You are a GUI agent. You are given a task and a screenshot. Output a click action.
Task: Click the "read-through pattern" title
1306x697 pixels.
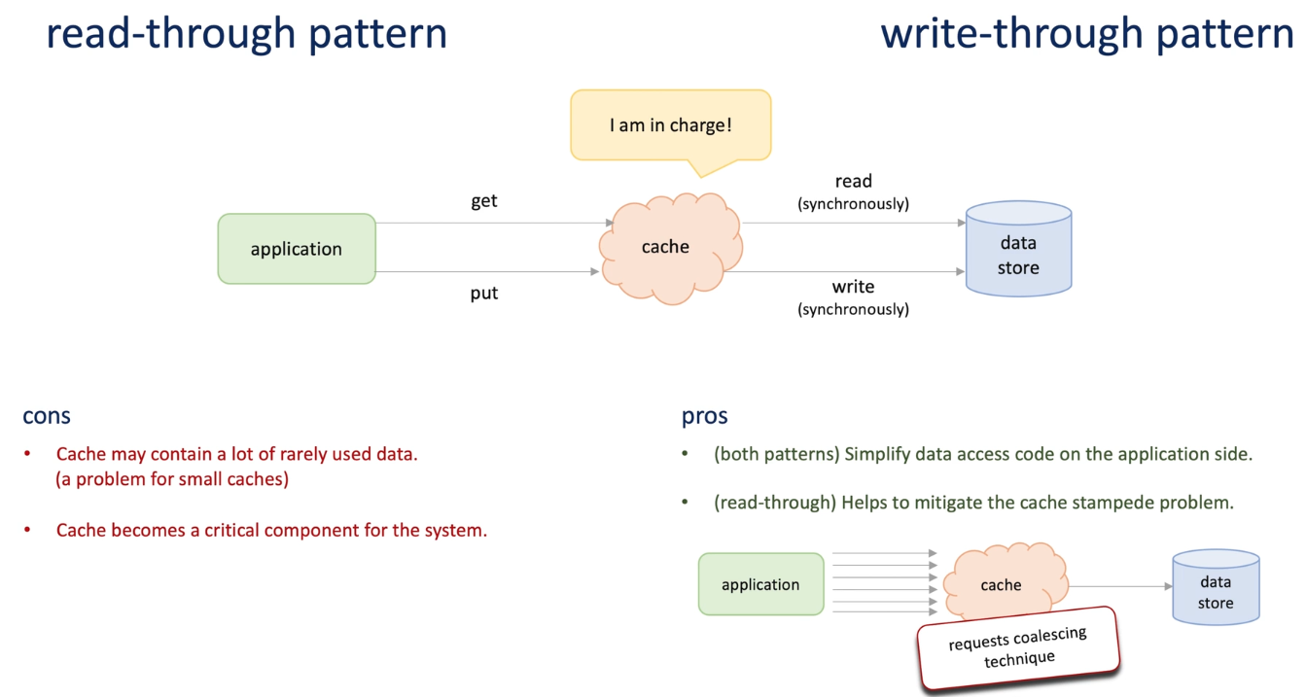pos(247,34)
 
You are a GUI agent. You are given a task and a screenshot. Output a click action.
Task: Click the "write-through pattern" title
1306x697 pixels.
pos(1087,34)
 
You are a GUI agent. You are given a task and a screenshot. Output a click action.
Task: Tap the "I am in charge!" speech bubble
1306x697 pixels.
pos(670,125)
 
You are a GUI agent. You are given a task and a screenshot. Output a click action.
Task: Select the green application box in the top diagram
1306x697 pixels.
pos(297,249)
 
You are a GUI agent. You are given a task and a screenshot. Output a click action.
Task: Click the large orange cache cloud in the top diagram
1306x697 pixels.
pos(667,248)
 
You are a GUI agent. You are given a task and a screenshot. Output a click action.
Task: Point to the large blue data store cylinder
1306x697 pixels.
pos(1018,250)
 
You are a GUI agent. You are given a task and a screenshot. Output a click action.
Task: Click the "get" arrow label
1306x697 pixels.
pos(484,201)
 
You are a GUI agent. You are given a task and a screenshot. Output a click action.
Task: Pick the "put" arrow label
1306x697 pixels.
pos(484,293)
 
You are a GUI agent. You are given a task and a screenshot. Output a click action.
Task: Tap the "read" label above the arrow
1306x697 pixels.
pos(854,181)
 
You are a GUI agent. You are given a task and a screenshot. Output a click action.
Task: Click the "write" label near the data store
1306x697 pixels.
pos(853,287)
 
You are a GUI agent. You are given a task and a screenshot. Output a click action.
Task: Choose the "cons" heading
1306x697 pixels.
pos(47,416)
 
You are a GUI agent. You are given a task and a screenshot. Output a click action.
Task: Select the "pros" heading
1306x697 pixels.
pos(705,416)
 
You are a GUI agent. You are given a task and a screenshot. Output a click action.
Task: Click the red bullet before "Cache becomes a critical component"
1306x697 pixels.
pos(28,531)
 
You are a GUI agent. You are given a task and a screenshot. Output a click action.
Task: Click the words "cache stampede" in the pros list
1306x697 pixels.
pos(1080,503)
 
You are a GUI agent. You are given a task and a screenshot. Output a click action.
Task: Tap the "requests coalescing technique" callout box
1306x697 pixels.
pos(1018,647)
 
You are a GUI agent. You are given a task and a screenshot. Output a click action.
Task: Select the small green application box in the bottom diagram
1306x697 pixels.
pos(760,584)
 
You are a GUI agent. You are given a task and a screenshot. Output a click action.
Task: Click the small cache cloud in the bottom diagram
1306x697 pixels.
pos(1003,584)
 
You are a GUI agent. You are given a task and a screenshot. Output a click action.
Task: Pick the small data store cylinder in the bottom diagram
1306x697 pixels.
pos(1216,588)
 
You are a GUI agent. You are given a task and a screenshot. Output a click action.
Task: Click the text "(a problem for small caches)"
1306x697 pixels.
pos(172,479)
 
